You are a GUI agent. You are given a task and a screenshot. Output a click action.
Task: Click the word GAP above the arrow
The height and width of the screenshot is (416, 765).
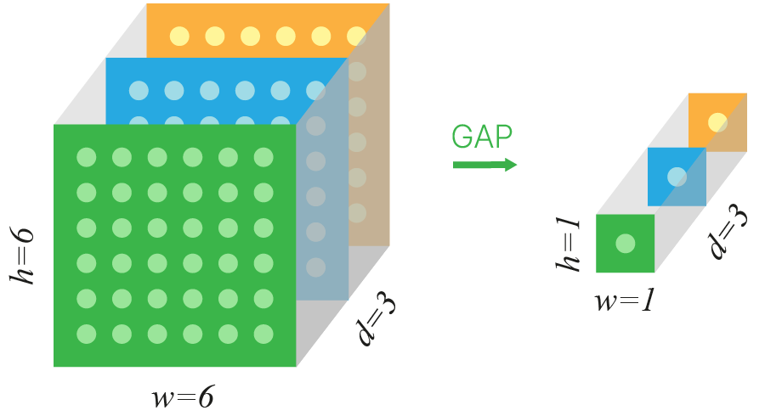[x=482, y=137]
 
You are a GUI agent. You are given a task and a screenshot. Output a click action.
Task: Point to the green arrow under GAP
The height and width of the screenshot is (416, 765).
[x=484, y=164]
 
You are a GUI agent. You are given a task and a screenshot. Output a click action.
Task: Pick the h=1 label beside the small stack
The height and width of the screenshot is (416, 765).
[x=567, y=244]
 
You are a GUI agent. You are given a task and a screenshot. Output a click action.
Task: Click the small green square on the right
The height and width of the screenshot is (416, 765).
[x=625, y=244]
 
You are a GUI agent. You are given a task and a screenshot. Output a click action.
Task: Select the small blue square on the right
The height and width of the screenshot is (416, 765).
[x=677, y=177]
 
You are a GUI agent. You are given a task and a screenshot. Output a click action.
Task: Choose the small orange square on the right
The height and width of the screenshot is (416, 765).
[x=717, y=121]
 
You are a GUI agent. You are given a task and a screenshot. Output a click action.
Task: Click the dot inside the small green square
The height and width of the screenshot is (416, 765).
[x=625, y=244]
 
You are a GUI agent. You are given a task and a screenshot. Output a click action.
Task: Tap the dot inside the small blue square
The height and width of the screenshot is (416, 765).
[x=677, y=177]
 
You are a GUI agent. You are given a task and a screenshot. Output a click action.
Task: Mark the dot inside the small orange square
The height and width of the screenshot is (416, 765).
[x=717, y=121]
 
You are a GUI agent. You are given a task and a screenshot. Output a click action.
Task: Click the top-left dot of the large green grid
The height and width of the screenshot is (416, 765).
[x=86, y=157]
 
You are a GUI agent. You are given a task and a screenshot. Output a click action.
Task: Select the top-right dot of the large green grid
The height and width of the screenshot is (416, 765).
[x=263, y=157]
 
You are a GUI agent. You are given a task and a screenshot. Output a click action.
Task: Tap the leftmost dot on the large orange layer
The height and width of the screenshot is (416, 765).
[x=179, y=36]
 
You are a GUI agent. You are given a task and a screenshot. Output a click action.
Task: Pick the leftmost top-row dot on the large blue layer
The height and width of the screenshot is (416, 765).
[x=139, y=89]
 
